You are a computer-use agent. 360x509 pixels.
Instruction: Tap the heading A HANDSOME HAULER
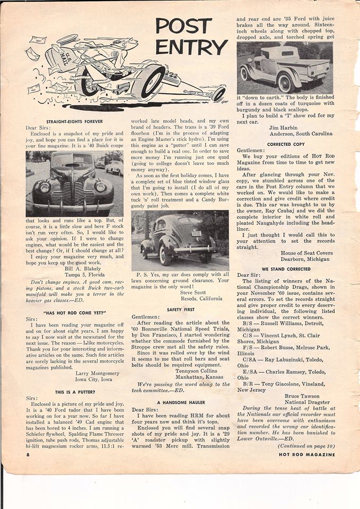coord(180,402)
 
